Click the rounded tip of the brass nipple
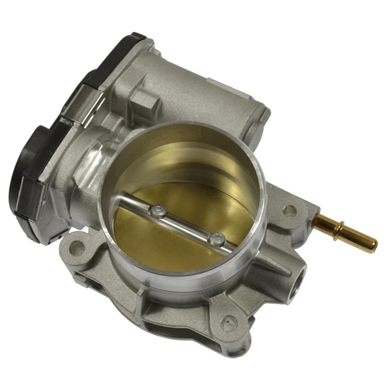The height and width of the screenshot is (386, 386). (x=374, y=245)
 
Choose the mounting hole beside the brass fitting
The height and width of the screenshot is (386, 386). (x=289, y=210)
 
